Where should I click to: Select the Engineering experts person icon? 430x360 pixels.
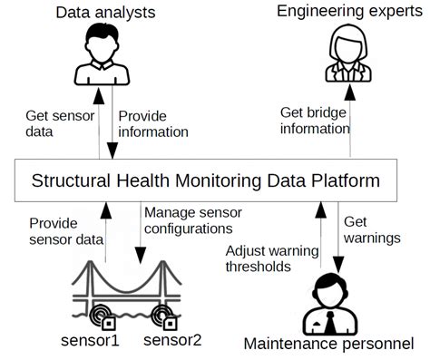347,54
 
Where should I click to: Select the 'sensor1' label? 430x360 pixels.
90,341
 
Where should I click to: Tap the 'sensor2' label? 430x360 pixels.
173,341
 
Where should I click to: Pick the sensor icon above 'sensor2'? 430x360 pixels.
167,317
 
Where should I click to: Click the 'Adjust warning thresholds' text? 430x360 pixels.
259,258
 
